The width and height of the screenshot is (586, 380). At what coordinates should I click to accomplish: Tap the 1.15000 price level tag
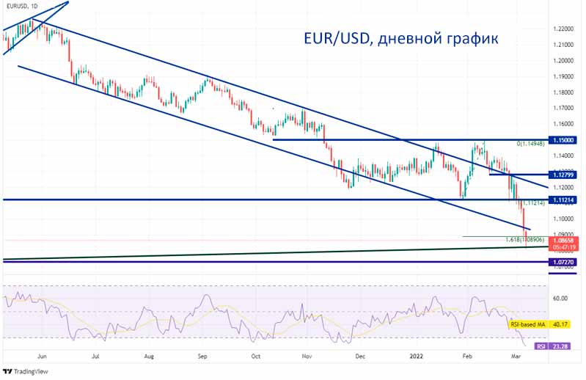565,139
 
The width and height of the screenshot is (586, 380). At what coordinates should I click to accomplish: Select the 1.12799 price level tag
565,175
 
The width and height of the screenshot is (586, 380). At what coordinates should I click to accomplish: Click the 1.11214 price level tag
565,200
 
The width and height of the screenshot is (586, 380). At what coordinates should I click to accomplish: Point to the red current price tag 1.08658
565,240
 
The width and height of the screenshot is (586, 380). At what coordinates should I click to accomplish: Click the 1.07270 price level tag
565,262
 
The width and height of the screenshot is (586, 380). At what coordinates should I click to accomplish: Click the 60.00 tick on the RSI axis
561,299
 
